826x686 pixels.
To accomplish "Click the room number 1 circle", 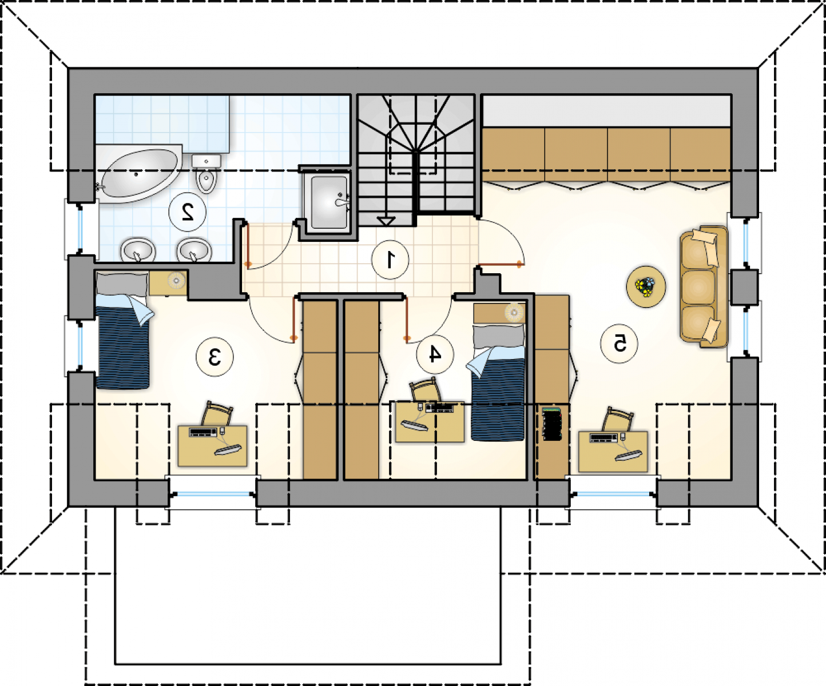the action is [x=390, y=260].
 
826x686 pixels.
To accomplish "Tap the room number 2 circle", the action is [x=187, y=212].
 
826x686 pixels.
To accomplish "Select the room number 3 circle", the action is [x=215, y=357].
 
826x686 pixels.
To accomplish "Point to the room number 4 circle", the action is [x=435, y=353].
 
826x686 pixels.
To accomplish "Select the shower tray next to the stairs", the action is [x=329, y=202].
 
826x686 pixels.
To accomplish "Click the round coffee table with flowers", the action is [x=646, y=286].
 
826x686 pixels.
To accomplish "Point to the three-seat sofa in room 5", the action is [x=704, y=286].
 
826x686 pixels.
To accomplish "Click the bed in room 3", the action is [x=122, y=330].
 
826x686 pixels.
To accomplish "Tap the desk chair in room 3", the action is [x=217, y=413].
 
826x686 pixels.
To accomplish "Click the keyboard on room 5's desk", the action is [x=603, y=438].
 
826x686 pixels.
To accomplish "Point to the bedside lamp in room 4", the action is [x=514, y=312].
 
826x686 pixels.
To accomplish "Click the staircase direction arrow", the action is [x=386, y=221].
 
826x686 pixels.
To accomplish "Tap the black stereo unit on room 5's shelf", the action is [x=552, y=423].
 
